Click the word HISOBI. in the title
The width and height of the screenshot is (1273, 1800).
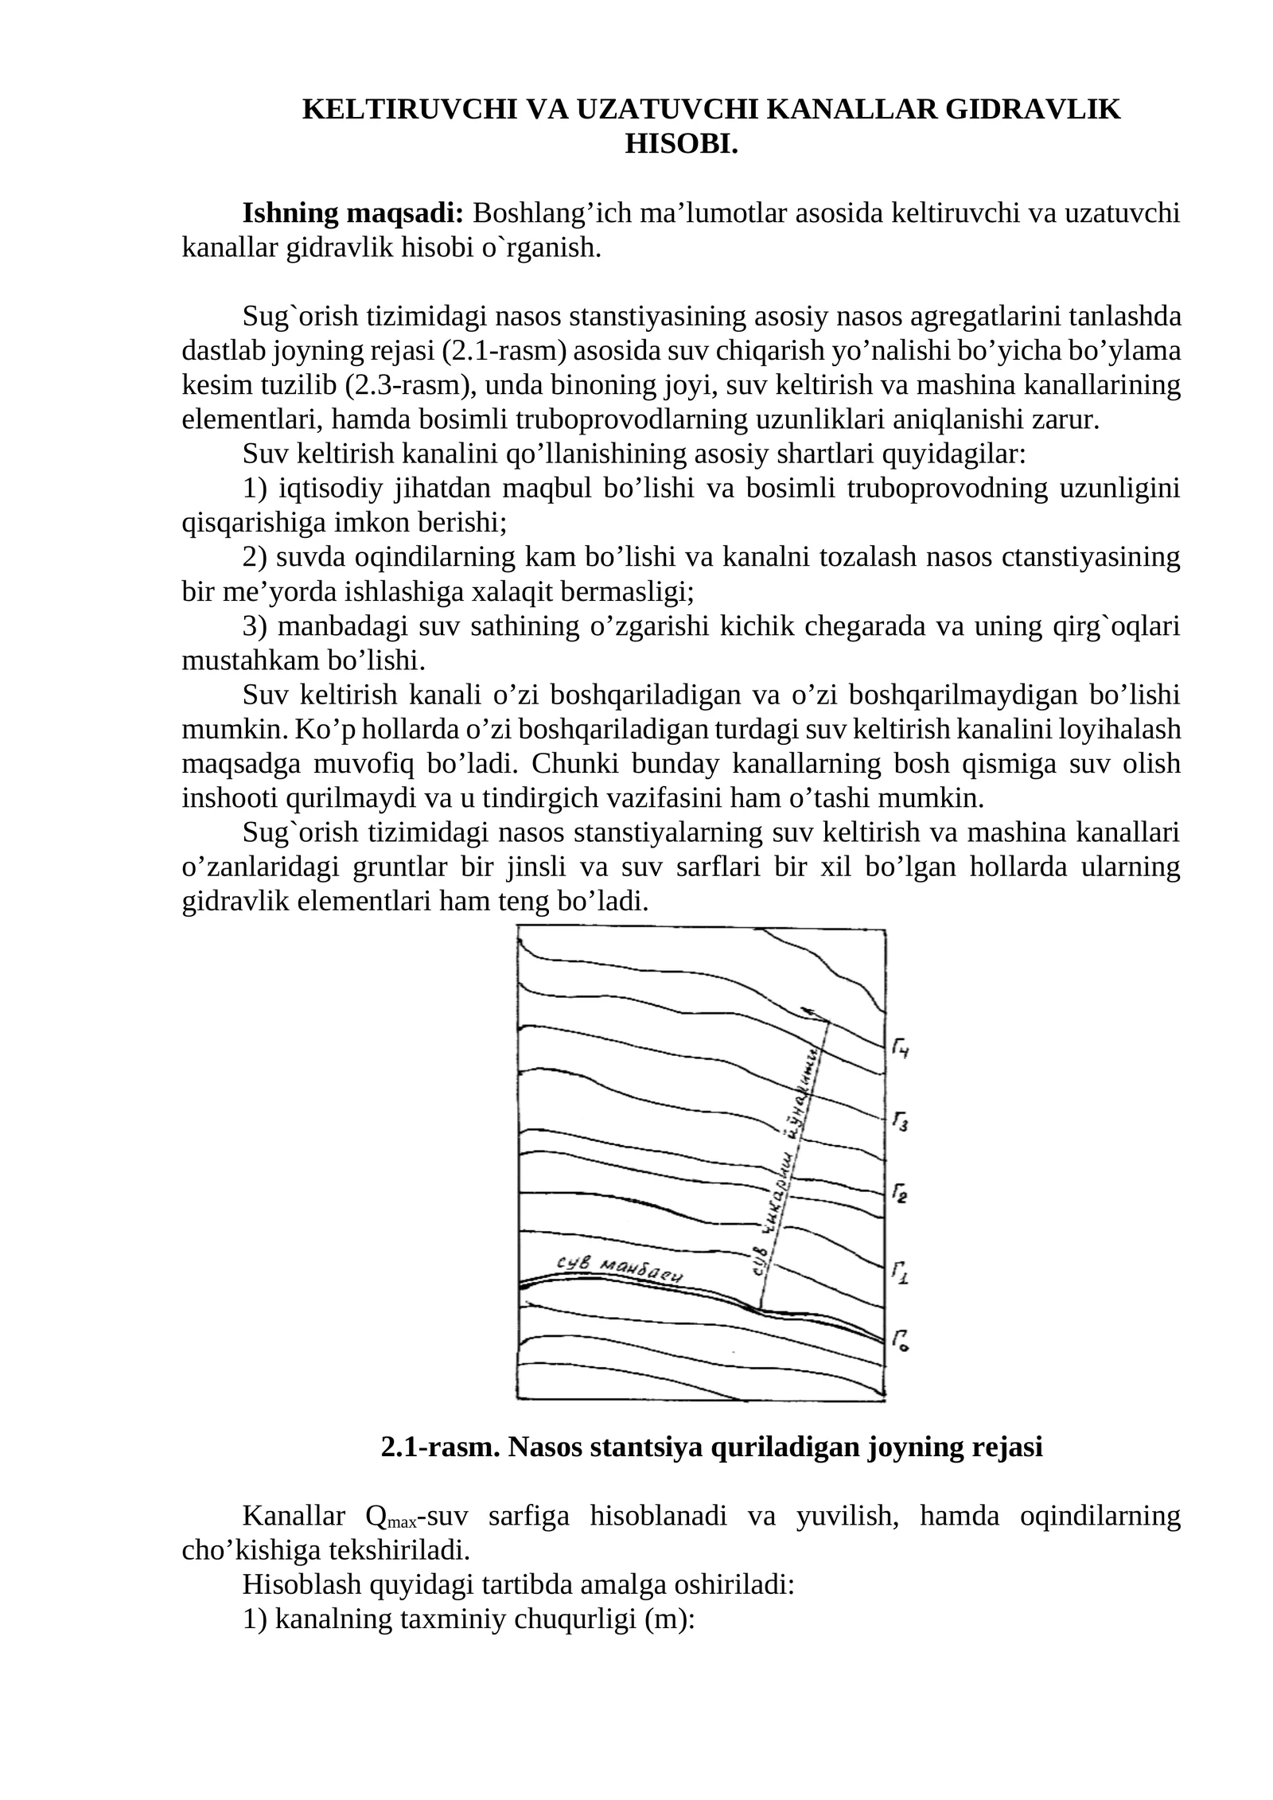pyautogui.click(x=681, y=144)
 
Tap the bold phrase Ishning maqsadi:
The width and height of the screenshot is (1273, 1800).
pyautogui.click(x=352, y=213)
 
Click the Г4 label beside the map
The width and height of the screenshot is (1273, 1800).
pyautogui.click(x=901, y=1050)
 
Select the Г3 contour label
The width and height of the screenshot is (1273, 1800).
pyautogui.click(x=901, y=1123)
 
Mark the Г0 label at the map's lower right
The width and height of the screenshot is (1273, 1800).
pyautogui.click(x=901, y=1341)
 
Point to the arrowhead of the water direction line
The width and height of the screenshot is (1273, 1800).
pyautogui.click(x=807, y=1011)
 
